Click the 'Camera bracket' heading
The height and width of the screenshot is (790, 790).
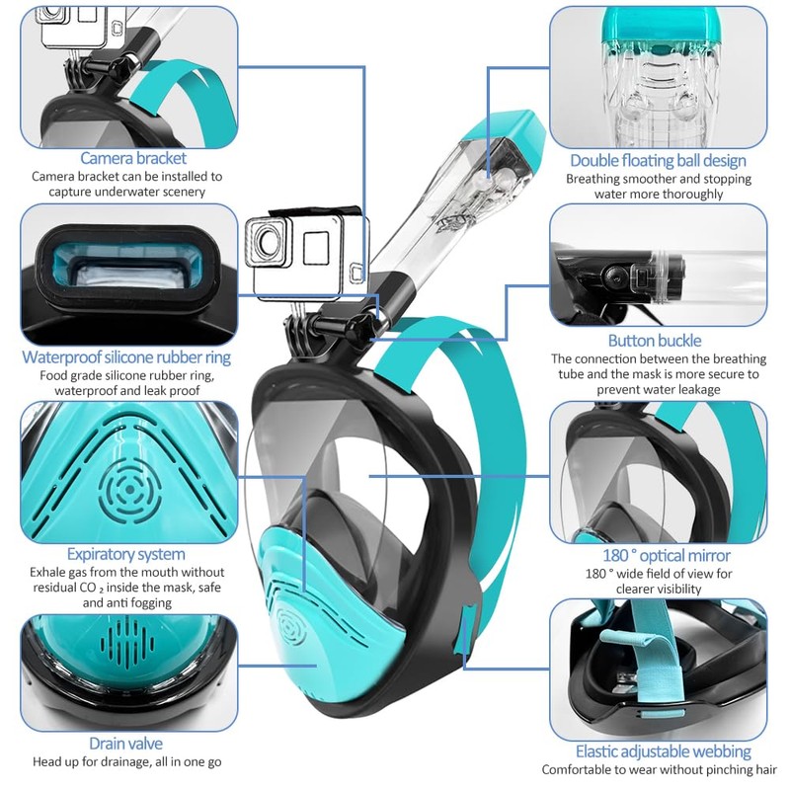tap(132, 158)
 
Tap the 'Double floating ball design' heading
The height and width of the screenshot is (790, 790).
tap(658, 161)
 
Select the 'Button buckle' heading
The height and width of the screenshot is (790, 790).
tap(655, 342)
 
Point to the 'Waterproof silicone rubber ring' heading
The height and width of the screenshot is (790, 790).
tap(127, 357)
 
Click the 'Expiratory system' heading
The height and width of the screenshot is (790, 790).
tap(125, 554)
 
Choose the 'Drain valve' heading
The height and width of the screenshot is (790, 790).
tap(125, 744)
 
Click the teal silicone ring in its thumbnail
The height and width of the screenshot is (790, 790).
tap(127, 263)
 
